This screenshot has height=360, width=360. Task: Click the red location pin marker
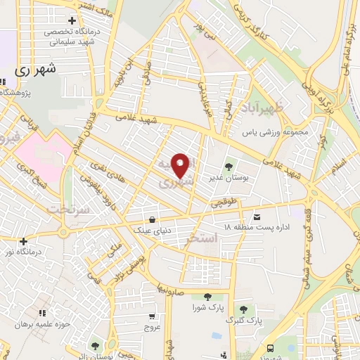click(181, 165)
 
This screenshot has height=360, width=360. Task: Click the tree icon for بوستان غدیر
click(229, 167)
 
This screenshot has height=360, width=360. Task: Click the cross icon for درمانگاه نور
click(24, 240)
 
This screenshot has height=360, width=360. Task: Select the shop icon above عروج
click(153, 317)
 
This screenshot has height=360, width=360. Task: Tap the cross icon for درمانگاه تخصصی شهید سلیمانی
click(71, 21)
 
